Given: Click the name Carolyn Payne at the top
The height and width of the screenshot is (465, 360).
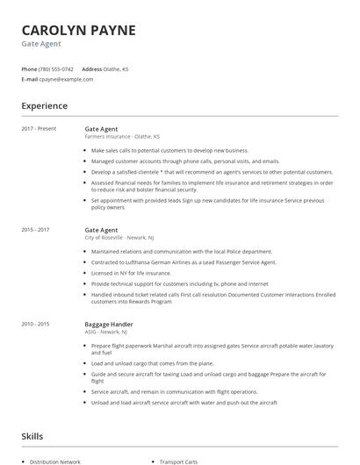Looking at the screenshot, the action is (x=78, y=30).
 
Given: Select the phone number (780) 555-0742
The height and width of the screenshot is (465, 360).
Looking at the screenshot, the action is (x=56, y=68).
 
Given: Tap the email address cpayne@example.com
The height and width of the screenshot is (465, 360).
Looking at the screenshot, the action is (x=66, y=79).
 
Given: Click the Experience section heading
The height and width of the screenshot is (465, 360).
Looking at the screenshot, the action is (x=44, y=106).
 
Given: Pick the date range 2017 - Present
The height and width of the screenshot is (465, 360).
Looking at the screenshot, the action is (x=40, y=129).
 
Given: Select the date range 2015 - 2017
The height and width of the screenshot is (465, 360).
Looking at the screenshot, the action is (x=36, y=230).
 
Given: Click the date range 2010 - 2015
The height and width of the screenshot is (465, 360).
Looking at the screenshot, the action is (x=36, y=324).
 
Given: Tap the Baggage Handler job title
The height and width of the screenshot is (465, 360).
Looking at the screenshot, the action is (x=109, y=324).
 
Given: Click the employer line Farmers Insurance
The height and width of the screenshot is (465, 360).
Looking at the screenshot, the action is (x=122, y=137).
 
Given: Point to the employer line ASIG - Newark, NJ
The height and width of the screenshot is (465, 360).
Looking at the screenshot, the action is (x=108, y=332).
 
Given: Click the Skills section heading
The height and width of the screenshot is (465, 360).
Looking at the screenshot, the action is (x=32, y=436).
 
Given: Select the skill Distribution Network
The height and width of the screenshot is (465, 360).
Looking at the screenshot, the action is (x=55, y=461).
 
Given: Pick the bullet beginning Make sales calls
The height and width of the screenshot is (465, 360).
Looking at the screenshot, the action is (x=158, y=150).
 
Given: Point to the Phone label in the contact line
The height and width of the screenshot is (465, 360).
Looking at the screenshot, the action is (x=29, y=68).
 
